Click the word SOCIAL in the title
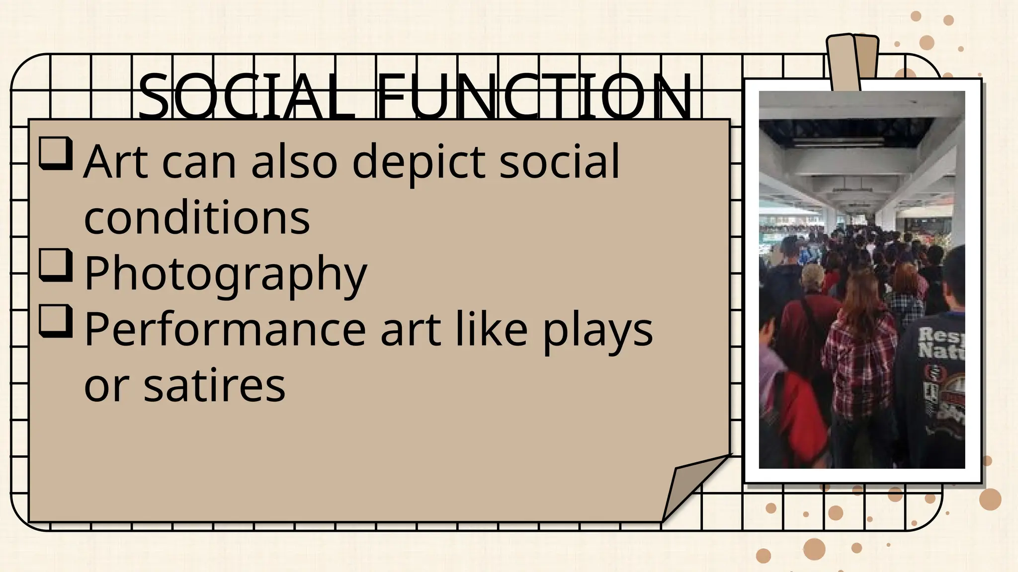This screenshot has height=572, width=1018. pos(246,97)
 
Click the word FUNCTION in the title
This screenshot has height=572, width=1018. pos(534,97)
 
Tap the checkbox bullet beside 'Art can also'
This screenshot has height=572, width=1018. pos(56,154)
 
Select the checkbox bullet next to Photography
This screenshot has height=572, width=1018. pos(56,266)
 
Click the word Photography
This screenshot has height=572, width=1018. pos(225,273)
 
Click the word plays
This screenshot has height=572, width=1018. pos(597,330)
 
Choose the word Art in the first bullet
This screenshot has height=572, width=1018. pos(116,161)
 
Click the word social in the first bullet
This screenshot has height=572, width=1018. pos(560,161)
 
